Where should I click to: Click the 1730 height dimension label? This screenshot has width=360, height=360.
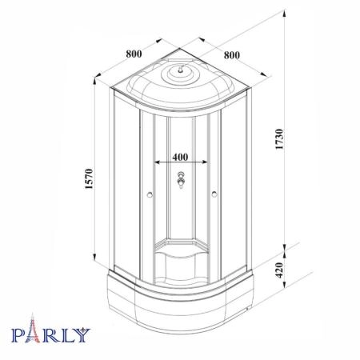click(x=279, y=139)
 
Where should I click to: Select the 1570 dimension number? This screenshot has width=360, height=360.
click(x=89, y=178)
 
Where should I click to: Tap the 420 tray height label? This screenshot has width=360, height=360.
click(x=279, y=270)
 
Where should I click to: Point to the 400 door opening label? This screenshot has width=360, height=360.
click(x=180, y=157)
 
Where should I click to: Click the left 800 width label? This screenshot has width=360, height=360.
click(x=134, y=54)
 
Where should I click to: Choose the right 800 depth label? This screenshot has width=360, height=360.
click(x=232, y=55)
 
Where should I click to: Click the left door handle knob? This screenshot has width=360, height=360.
click(x=150, y=194)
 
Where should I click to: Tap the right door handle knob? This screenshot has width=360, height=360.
click(x=214, y=194)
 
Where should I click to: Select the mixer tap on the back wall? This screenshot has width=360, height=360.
click(x=181, y=180)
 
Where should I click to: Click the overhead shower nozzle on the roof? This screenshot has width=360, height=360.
click(x=181, y=70)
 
